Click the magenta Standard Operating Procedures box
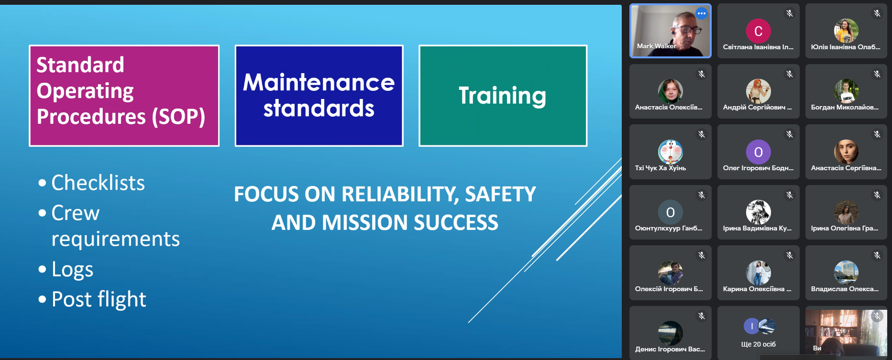[124, 96]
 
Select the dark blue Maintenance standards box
[319, 96]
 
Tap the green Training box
[503, 96]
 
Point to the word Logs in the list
[72, 270]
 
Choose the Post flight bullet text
[99, 300]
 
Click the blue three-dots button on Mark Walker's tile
[702, 13]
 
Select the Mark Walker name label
[656, 46]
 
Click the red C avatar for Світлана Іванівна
[759, 31]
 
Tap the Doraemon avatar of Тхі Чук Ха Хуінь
[671, 152]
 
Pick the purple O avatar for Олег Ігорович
[759, 152]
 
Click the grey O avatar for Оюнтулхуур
[671, 212]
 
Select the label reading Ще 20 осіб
[759, 344]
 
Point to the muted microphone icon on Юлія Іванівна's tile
[877, 13]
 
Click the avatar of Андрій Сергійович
[759, 91]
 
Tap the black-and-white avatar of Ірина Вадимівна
[759, 212]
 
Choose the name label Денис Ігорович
[670, 349]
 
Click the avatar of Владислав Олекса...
[846, 273]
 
